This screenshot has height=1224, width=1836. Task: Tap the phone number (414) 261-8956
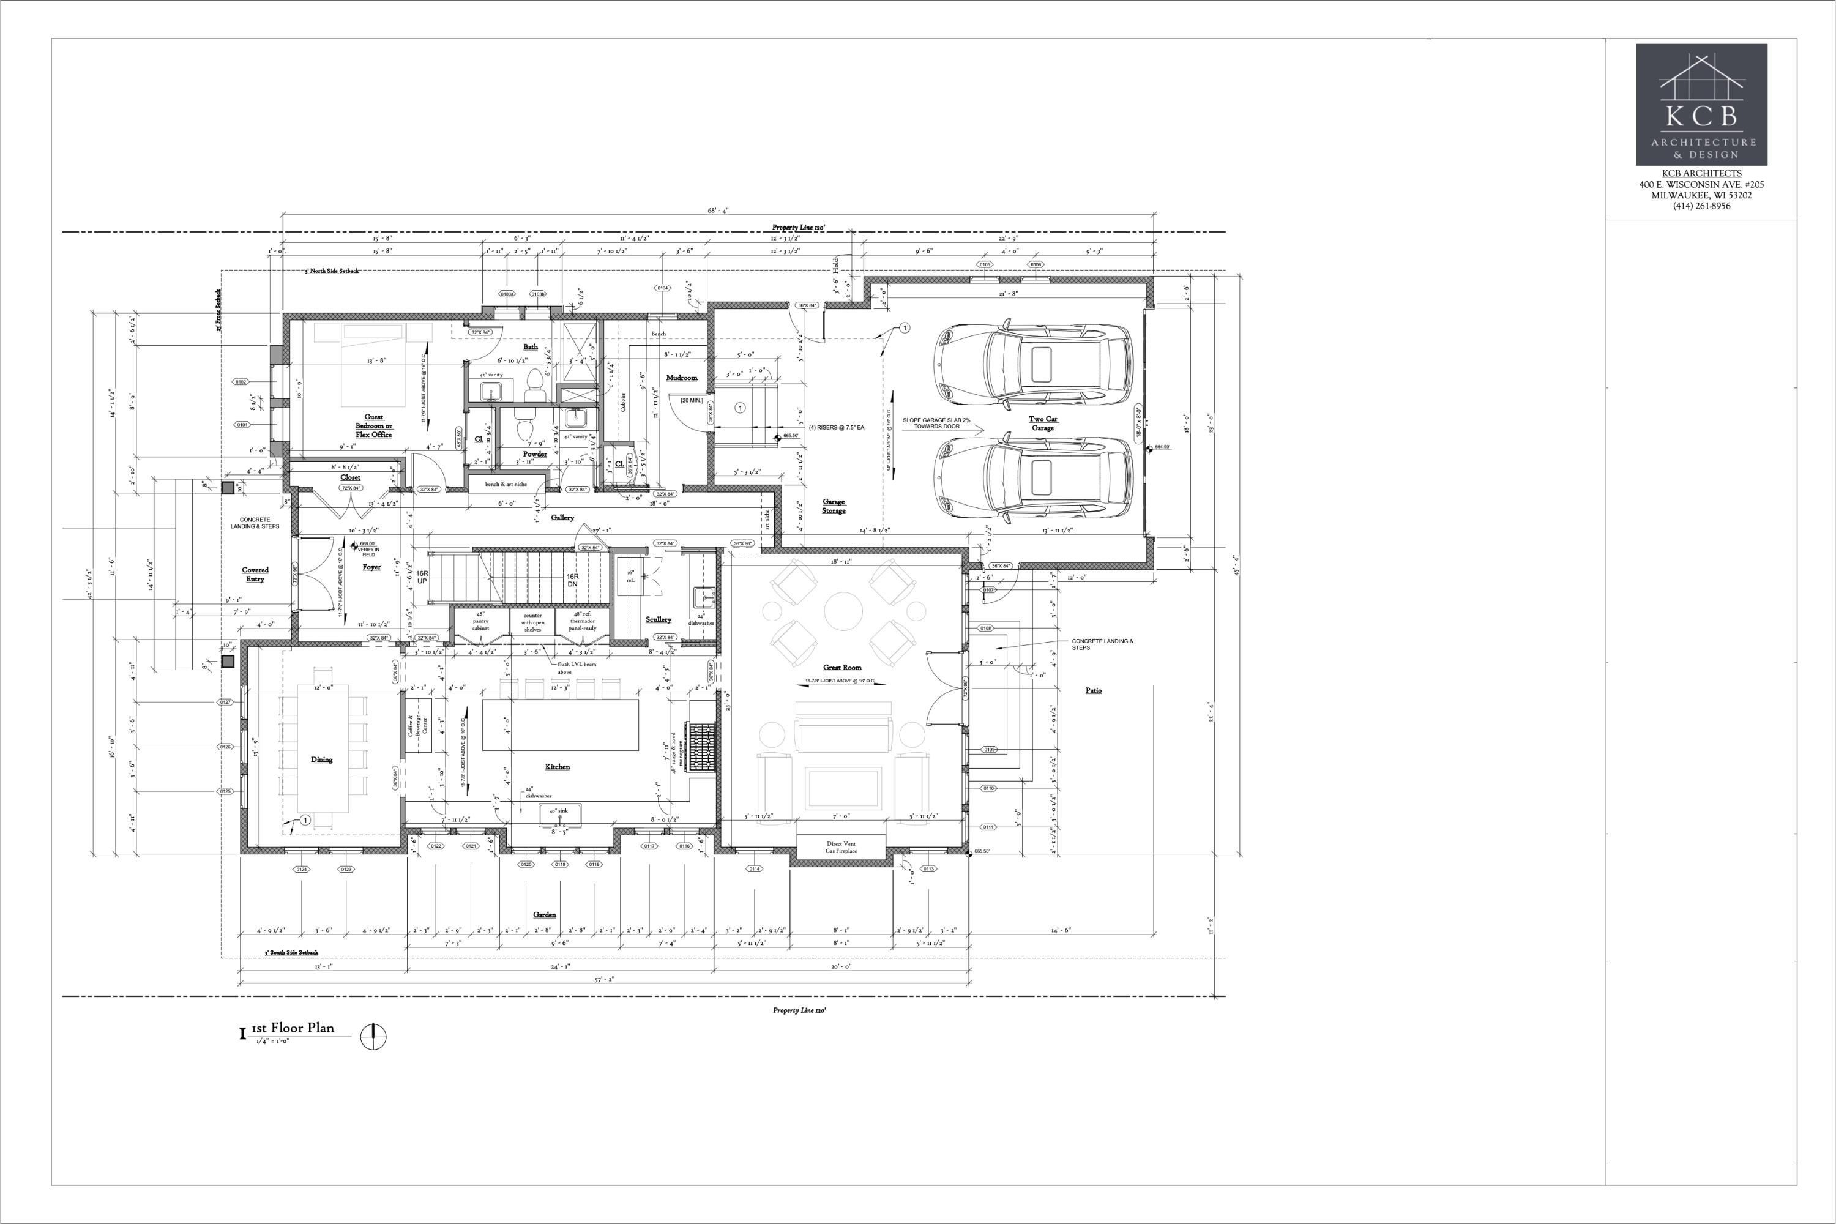click(x=1701, y=206)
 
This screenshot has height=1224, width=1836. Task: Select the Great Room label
click(x=842, y=668)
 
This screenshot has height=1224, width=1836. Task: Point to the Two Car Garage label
click(x=1043, y=423)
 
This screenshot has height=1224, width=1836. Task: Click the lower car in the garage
click(x=1035, y=477)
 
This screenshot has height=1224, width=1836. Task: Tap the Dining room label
click(x=322, y=759)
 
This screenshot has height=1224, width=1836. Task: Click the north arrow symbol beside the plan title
click(x=374, y=1036)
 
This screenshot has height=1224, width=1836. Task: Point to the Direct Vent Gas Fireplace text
click(x=841, y=847)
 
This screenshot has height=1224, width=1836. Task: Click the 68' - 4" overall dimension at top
click(x=718, y=210)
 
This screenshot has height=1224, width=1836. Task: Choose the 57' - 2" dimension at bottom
click(x=603, y=979)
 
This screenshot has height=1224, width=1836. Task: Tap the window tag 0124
click(x=301, y=869)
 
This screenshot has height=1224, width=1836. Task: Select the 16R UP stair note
click(x=422, y=577)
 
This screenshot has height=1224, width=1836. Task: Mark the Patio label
click(x=1093, y=690)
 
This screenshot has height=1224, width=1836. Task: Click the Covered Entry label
click(x=255, y=575)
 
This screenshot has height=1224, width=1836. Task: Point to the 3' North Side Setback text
click(x=332, y=271)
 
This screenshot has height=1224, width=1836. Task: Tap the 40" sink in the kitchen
click(x=559, y=812)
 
